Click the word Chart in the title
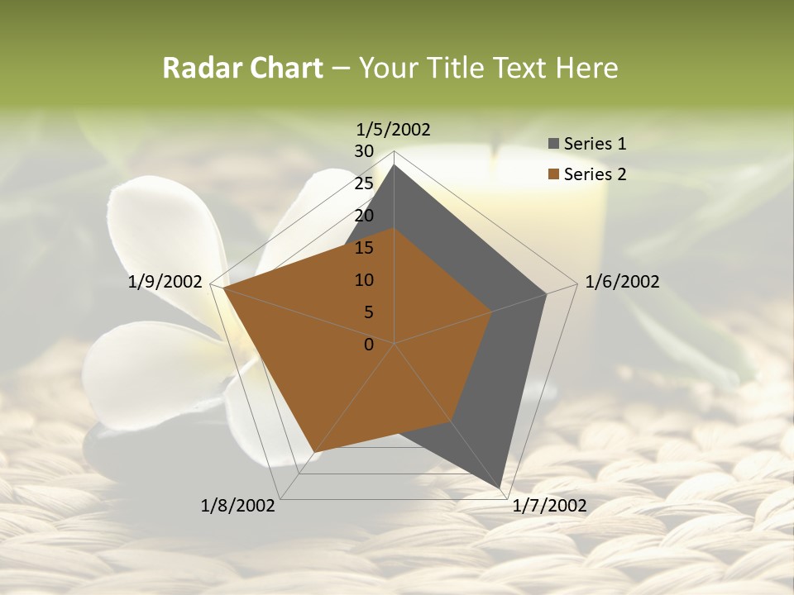coord(285,68)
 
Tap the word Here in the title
coord(586,68)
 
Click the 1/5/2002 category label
coord(394,130)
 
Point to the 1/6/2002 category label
coord(622,282)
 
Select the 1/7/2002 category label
coord(549,506)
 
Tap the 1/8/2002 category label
coord(238,506)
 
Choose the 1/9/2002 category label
coord(165,282)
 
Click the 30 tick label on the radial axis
coord(363,151)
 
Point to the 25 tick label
coord(363,183)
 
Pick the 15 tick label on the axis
coord(363,248)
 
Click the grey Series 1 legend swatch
coord(553,144)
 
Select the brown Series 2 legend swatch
coord(553,174)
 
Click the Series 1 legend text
coord(595,144)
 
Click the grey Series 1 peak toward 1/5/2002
coord(395,165)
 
